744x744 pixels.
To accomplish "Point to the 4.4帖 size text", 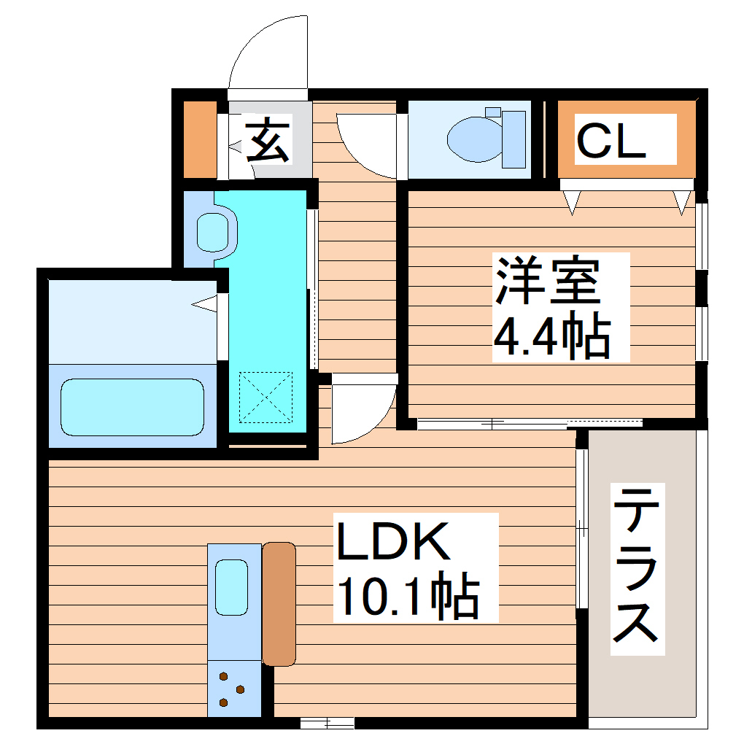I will click(552, 336).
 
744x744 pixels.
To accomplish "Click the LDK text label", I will click(392, 543).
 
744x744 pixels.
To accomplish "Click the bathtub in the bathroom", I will click(132, 407).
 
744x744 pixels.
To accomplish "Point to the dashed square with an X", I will click(266, 397).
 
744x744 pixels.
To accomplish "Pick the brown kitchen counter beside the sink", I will click(279, 604).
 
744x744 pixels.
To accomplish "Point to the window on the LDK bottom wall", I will click(327, 723).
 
